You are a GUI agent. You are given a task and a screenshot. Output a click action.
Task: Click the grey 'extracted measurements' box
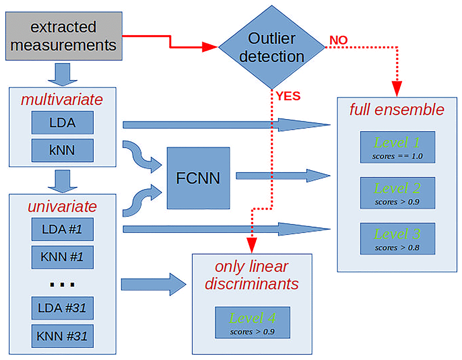point(64,36)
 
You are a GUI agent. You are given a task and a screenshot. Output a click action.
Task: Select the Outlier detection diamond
point(272,47)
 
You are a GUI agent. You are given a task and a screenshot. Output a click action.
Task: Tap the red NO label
point(339,40)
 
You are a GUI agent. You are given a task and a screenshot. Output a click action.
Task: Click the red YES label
point(288,96)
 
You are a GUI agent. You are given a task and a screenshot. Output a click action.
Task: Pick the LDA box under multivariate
point(62,122)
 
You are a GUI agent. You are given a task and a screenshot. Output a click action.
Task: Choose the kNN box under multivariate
point(62,150)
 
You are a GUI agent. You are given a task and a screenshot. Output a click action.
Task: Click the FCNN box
point(198,178)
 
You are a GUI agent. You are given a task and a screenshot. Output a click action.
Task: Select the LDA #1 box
point(62,229)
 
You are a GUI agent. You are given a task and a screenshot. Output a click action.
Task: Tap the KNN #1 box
point(62,257)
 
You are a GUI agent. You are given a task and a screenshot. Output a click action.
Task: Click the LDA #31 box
point(62,308)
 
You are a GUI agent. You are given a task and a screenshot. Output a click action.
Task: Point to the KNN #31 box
point(62,336)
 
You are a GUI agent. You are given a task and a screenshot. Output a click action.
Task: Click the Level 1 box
point(397,147)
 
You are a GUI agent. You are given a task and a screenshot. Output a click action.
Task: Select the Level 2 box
point(397,193)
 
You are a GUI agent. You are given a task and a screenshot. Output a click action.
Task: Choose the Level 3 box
point(397,239)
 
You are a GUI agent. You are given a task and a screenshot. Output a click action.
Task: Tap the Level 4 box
point(253,323)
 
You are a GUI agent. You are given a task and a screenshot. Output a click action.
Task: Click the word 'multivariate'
point(62,100)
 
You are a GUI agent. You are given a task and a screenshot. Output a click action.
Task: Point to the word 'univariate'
point(62,206)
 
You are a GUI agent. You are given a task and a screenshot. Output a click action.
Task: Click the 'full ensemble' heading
point(397,109)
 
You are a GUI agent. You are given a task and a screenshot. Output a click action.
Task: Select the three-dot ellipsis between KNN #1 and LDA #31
point(62,285)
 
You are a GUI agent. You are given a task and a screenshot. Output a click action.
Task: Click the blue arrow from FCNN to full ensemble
point(283,176)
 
